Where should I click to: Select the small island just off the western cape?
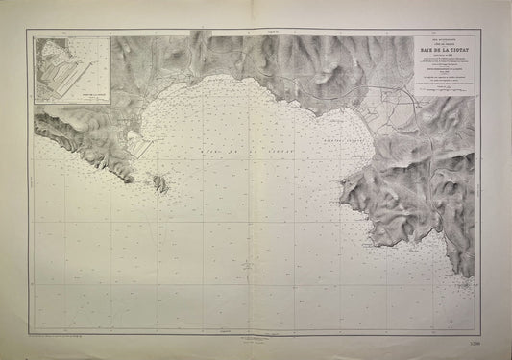[159, 180]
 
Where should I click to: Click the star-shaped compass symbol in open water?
[247, 263]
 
